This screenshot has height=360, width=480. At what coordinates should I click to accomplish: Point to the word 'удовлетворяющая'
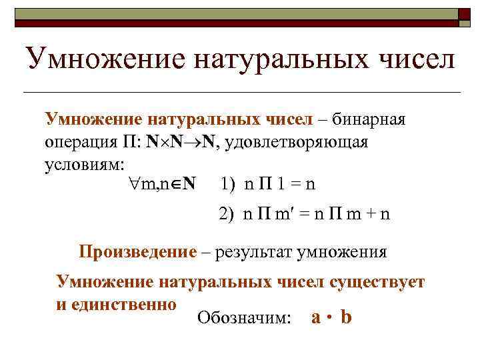tap(302, 143)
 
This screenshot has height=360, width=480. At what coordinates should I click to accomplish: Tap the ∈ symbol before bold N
tap(173, 184)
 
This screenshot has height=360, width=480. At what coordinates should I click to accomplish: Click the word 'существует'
tap(377, 281)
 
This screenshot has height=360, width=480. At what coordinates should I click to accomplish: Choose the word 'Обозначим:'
tap(244, 319)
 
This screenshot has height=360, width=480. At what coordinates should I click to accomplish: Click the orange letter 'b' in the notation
tap(346, 317)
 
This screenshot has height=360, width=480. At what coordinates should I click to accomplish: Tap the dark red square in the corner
tap(466, 14)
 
